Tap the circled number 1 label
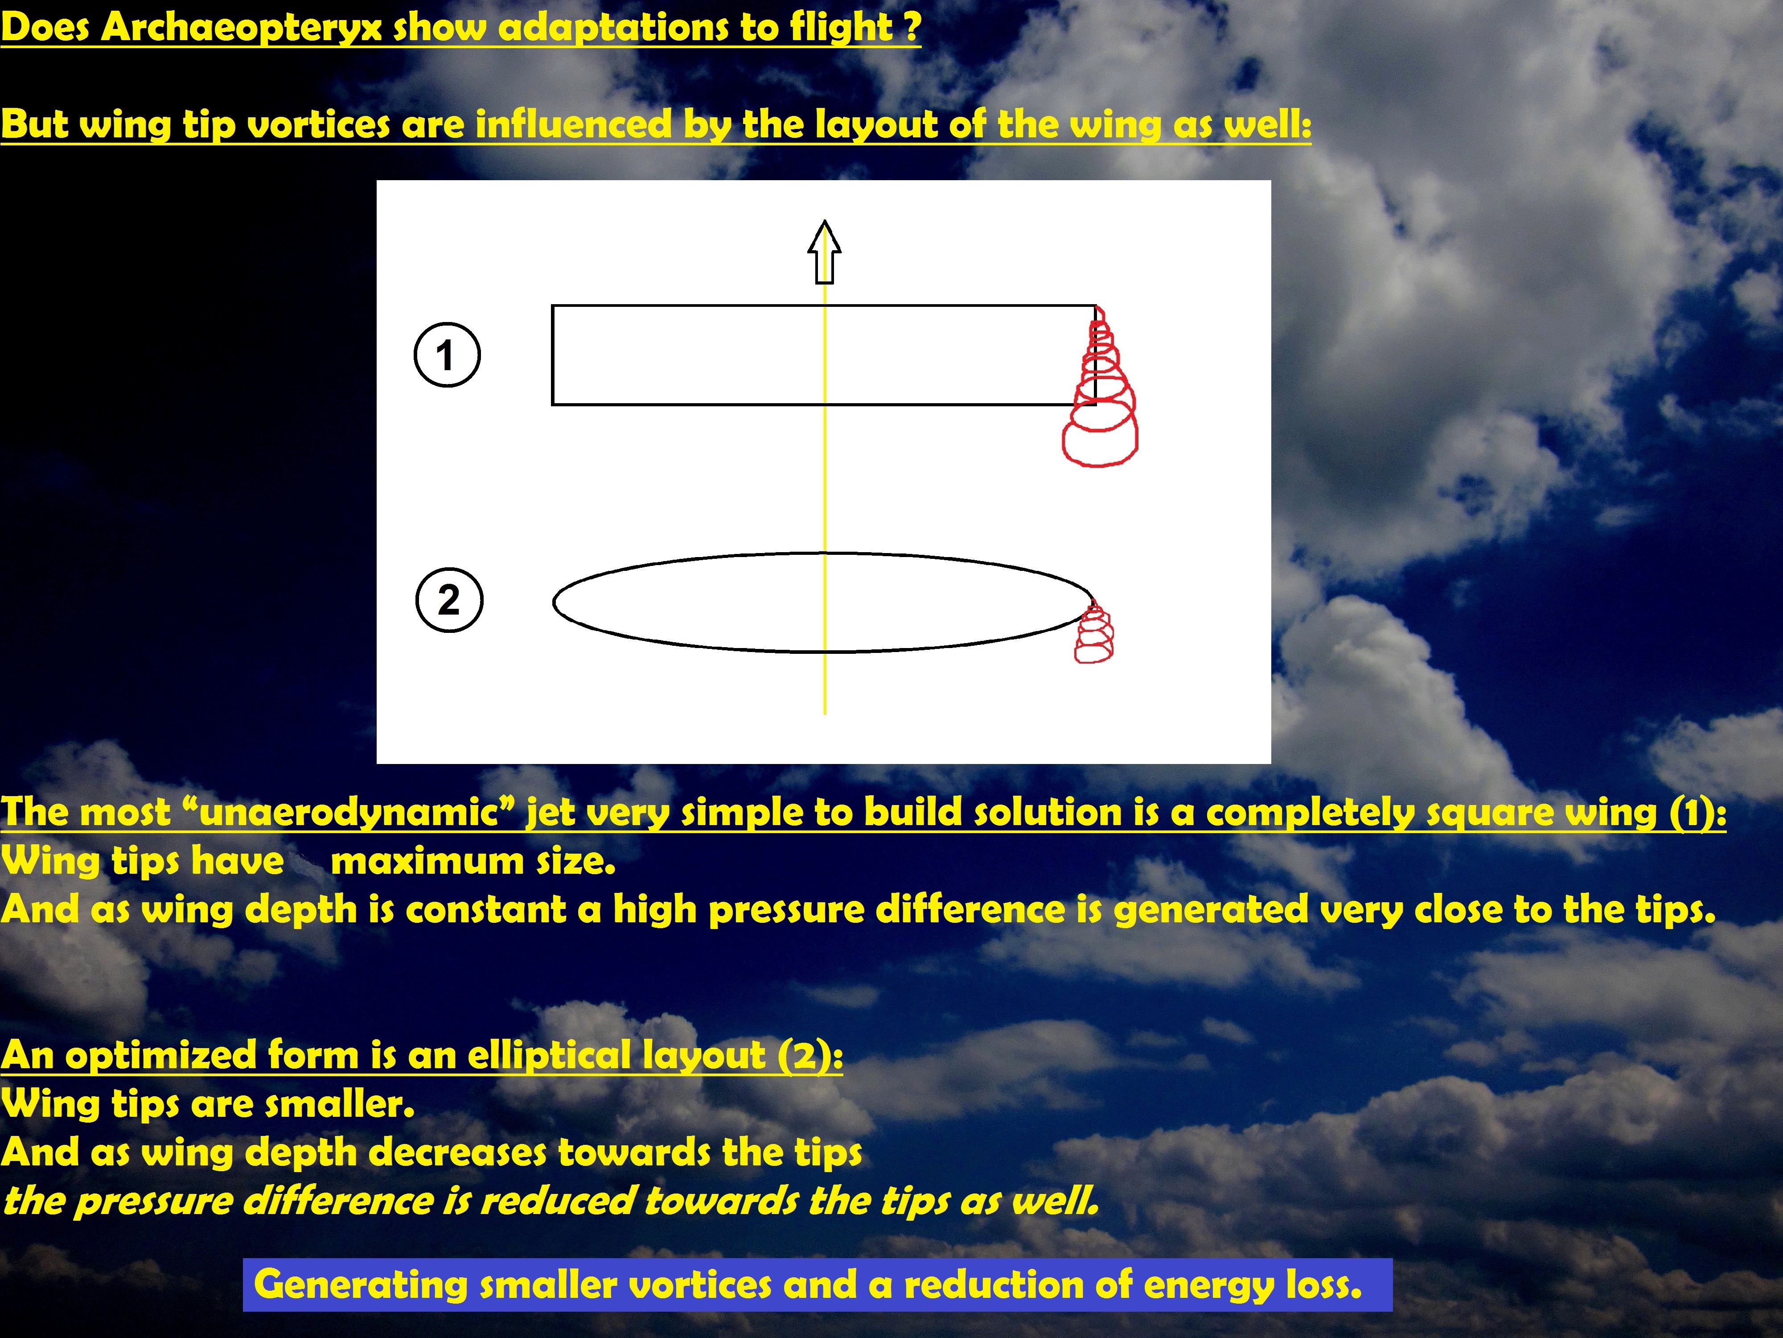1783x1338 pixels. click(447, 355)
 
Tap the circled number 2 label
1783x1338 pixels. click(449, 600)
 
